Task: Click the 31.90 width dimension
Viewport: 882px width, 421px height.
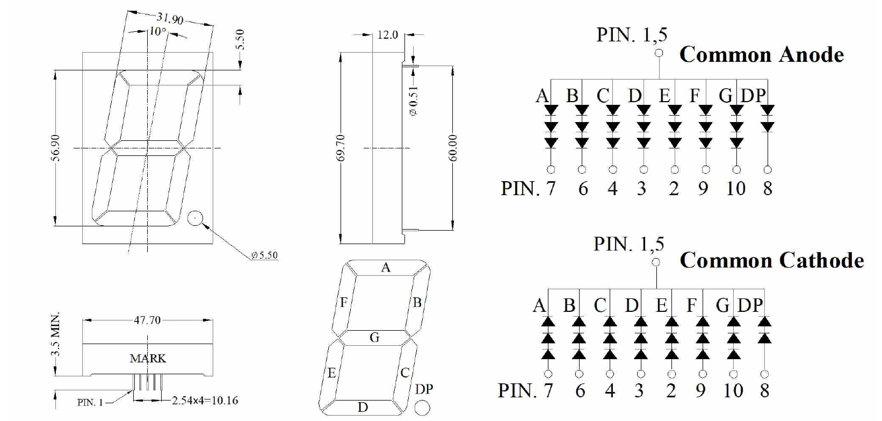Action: [x=170, y=19]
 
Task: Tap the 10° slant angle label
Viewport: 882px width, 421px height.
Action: [x=157, y=32]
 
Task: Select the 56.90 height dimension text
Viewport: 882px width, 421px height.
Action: [x=56, y=148]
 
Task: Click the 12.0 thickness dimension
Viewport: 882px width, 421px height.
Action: [x=387, y=35]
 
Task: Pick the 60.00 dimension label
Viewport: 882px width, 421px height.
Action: [x=453, y=148]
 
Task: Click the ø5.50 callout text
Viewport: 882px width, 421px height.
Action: [x=265, y=255]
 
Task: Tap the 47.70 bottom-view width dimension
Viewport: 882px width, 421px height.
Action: [x=147, y=320]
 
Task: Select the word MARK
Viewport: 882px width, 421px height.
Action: [x=148, y=358]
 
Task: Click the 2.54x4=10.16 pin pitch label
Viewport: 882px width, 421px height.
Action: [x=205, y=401]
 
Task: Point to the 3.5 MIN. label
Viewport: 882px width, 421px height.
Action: [x=55, y=334]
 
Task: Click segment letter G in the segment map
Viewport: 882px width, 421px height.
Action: [x=374, y=338]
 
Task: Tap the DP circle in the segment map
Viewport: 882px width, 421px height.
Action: [x=423, y=407]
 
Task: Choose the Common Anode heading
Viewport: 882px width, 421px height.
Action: [x=761, y=55]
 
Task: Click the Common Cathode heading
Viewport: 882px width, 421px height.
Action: [x=771, y=260]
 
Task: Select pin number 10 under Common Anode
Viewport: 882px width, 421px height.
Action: [x=735, y=189]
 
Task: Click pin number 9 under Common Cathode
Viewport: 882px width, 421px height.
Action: [x=700, y=391]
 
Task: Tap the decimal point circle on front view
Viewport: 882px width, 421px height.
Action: [x=194, y=218]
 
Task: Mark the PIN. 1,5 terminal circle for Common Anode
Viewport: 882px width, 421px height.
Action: [x=659, y=53]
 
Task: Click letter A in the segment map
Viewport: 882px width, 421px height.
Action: [x=386, y=267]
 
